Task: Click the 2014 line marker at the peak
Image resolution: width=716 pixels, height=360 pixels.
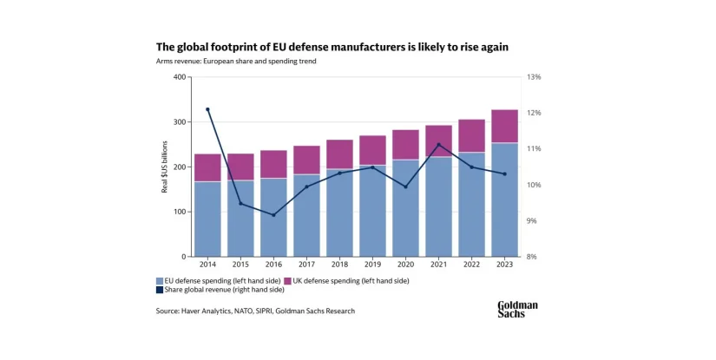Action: [207, 109]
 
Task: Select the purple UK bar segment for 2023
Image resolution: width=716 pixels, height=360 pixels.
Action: [504, 127]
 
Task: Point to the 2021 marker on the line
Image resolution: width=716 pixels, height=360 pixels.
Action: [438, 145]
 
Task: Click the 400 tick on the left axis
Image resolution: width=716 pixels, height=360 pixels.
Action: [180, 77]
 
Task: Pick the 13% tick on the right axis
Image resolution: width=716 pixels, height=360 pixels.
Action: [534, 77]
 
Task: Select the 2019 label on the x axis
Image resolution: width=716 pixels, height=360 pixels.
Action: [372, 265]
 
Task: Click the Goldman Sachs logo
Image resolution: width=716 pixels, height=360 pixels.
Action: [517, 309]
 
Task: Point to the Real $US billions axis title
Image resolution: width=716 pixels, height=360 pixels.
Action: [165, 167]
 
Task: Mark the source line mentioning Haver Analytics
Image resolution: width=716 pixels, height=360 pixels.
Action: [255, 311]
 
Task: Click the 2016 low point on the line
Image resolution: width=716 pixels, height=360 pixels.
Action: [273, 214]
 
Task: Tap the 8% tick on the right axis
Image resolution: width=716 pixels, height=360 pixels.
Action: [532, 257]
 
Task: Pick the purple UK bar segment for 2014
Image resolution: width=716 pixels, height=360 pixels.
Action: [207, 167]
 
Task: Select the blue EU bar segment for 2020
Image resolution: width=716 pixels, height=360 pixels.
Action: [405, 208]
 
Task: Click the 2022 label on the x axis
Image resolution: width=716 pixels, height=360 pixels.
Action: [471, 265]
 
